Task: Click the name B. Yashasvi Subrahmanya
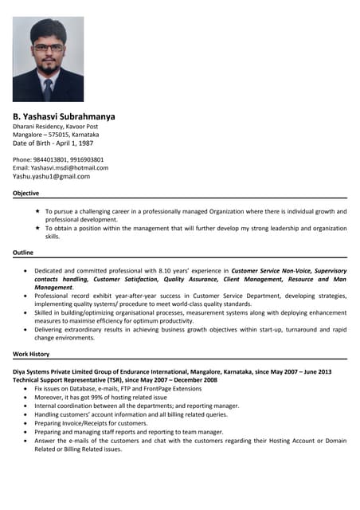(x=64, y=116)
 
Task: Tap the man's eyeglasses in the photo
(x=49, y=47)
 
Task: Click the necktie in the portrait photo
(x=49, y=88)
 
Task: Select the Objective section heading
(x=25, y=194)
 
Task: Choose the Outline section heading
(x=23, y=253)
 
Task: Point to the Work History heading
(x=31, y=353)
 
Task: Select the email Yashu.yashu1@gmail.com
(x=51, y=177)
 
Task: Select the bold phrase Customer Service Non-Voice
(x=270, y=271)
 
